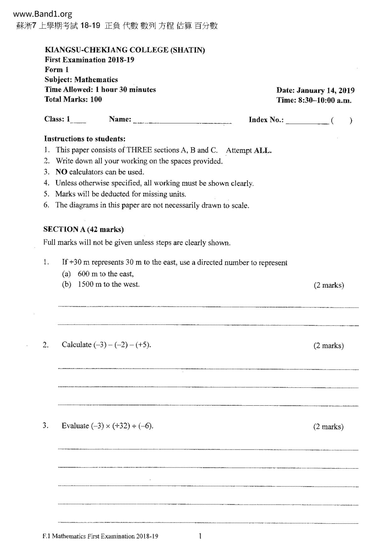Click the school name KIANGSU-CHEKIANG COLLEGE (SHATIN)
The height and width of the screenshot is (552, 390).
tap(125, 50)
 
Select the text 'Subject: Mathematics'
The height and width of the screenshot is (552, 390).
tap(81, 80)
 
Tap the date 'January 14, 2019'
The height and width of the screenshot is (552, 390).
tap(326, 91)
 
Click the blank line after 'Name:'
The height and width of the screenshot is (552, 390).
tap(182, 121)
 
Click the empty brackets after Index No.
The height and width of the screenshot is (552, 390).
tap(342, 121)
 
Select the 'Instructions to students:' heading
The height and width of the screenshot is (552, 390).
tap(85, 139)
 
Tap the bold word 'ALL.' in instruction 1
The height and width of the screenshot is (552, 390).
tap(263, 150)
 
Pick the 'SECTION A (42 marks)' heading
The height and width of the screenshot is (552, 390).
tap(83, 229)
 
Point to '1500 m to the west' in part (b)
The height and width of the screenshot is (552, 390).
tap(109, 284)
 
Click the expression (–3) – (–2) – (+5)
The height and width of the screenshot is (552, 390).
tap(122, 345)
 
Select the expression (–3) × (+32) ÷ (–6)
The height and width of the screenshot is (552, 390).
tap(122, 426)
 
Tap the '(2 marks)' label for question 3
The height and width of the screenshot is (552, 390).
tap(328, 427)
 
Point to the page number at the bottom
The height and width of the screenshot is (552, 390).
tap(200, 536)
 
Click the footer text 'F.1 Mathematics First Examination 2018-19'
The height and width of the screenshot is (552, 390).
tap(100, 536)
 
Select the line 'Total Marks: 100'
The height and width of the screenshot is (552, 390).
tap(73, 99)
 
